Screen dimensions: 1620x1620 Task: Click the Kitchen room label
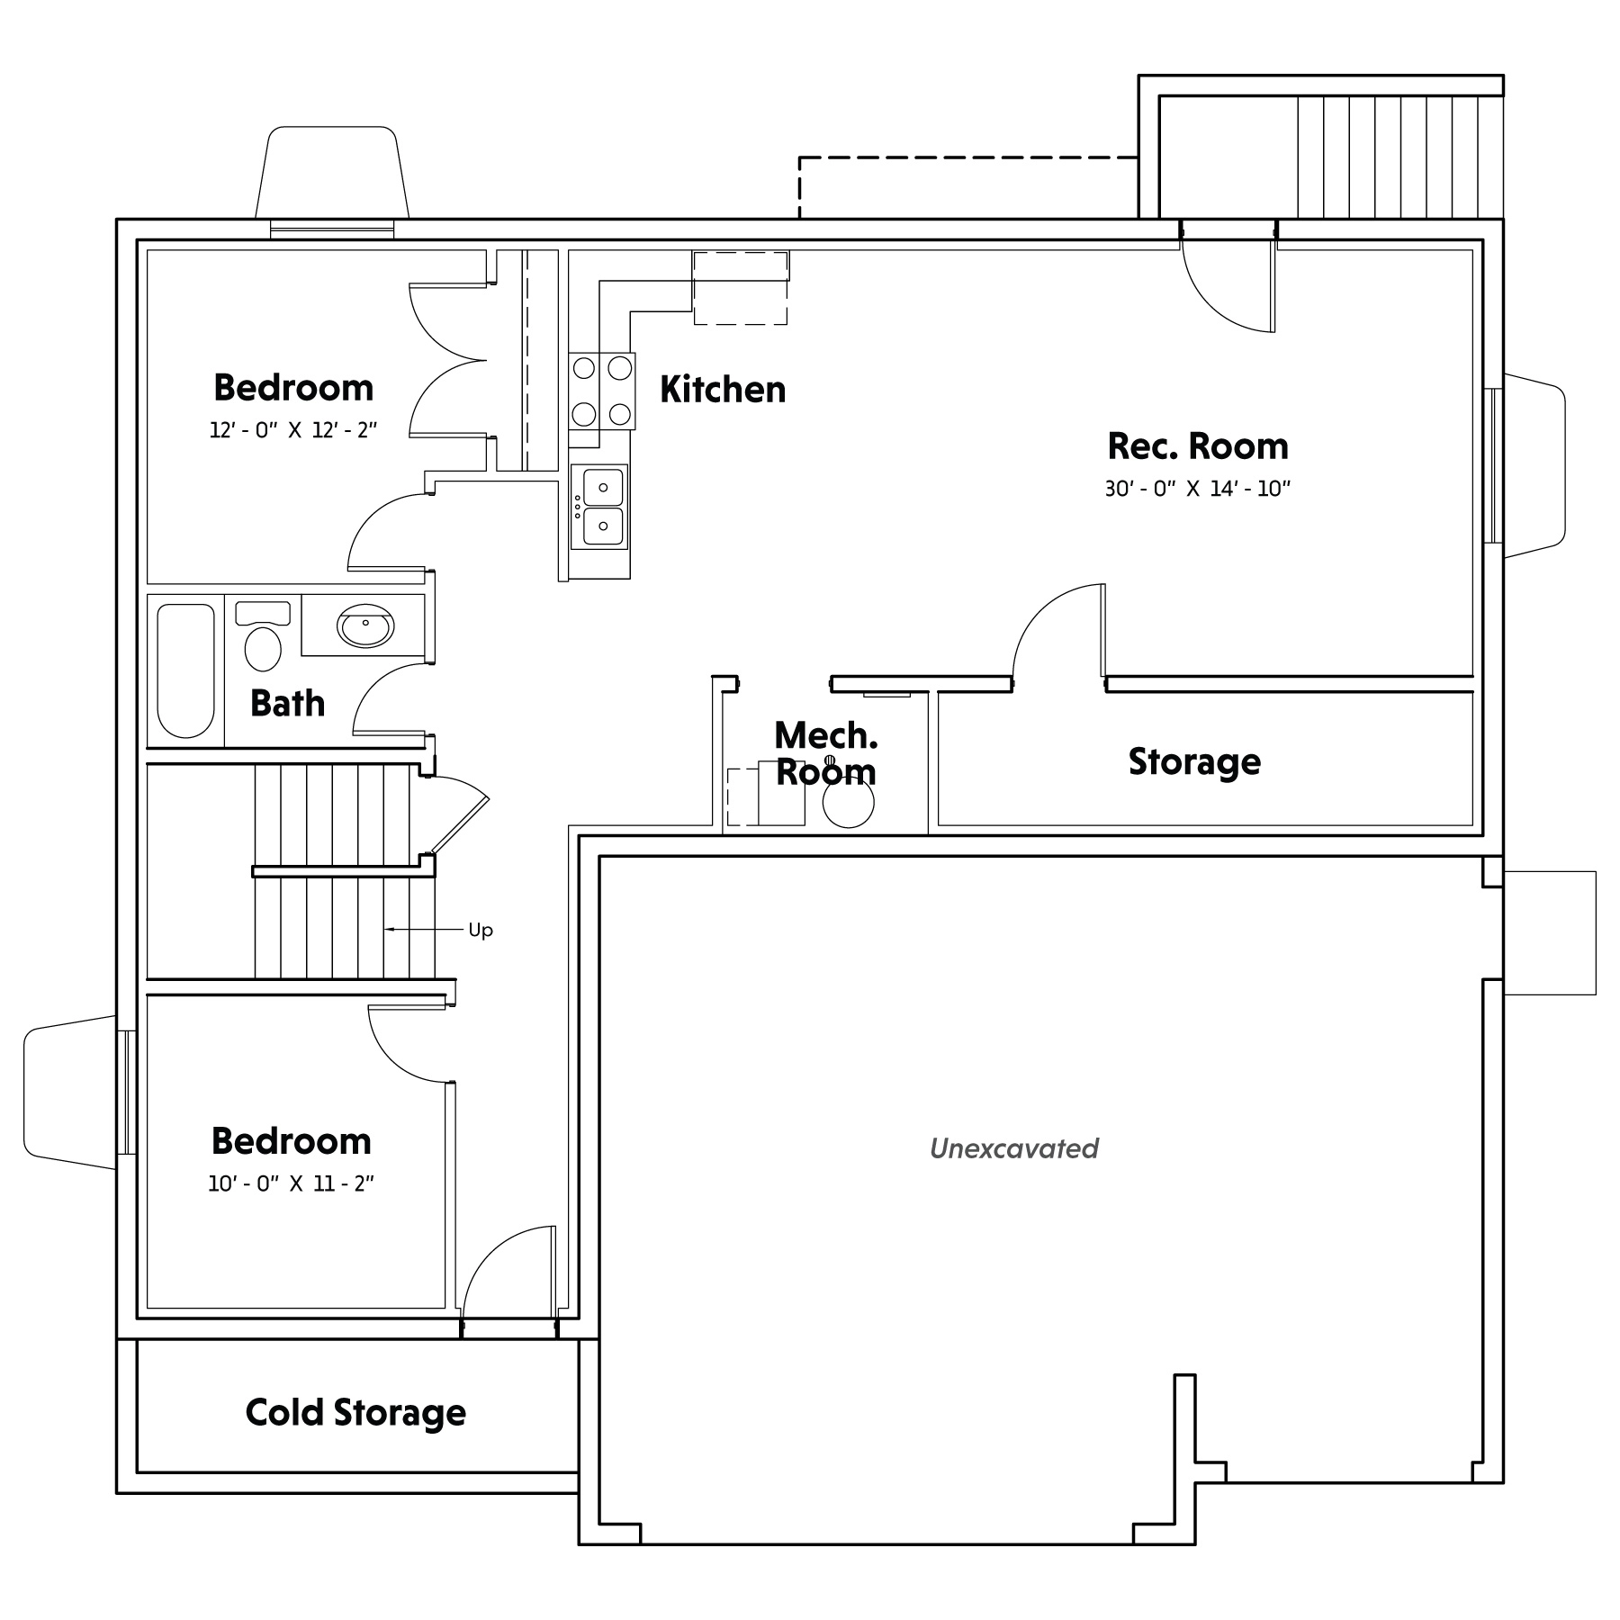tap(723, 390)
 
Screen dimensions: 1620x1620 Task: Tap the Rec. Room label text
tap(1198, 446)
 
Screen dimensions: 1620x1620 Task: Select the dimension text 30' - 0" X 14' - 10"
tap(1198, 489)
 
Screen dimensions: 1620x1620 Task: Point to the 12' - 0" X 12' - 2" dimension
tap(292, 430)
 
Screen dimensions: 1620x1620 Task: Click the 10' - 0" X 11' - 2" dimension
tap(291, 1183)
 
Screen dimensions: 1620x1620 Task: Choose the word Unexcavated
tap(1014, 1149)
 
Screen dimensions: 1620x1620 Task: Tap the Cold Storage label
tap(355, 1413)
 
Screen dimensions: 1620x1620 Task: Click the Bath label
tap(287, 704)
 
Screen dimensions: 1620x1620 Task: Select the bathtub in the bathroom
tap(186, 670)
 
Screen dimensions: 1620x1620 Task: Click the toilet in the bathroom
tap(263, 636)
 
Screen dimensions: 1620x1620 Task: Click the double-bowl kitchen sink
tap(599, 507)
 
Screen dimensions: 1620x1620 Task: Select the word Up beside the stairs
tap(481, 931)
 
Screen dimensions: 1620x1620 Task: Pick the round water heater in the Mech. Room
tap(849, 802)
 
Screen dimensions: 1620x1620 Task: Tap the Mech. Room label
tap(825, 754)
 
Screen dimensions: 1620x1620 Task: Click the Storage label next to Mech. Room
tap(1194, 762)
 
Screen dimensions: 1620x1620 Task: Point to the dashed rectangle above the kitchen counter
tap(740, 288)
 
